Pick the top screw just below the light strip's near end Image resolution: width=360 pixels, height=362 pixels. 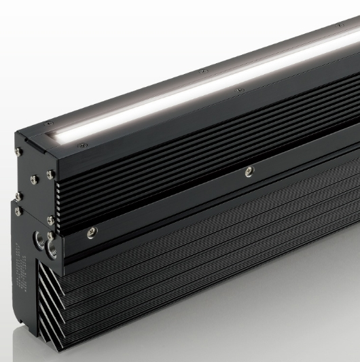82,144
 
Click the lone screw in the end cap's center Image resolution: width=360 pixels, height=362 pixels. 32,180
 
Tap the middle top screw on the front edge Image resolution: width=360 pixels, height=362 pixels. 236,90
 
